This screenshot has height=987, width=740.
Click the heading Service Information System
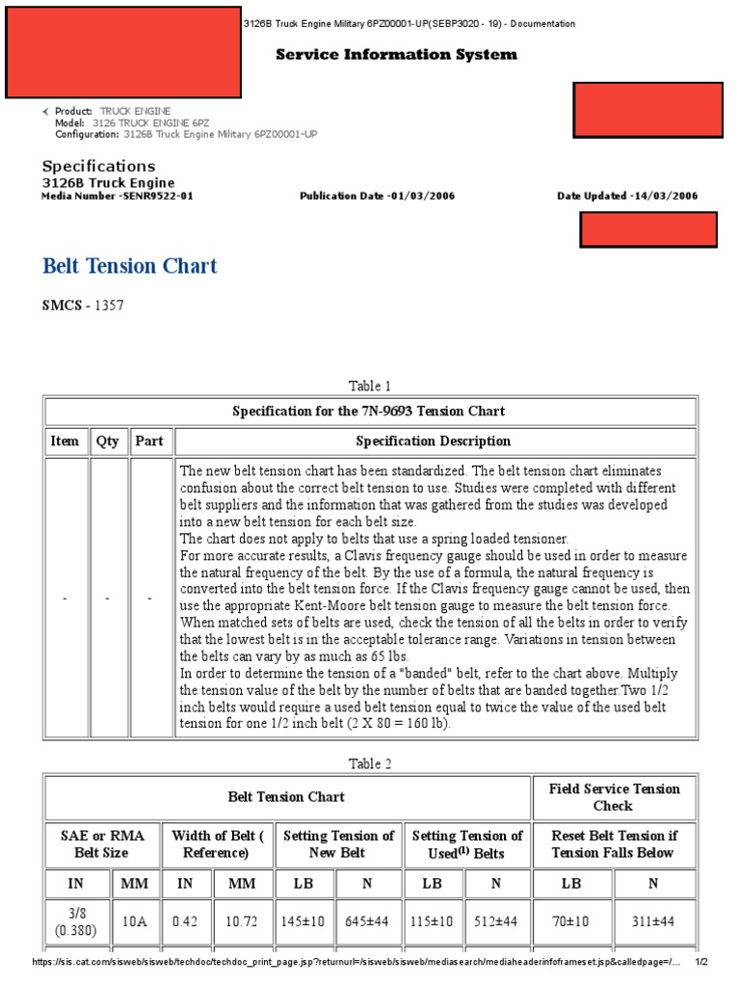pyautogui.click(x=396, y=55)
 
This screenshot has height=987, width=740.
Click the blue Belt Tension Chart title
pyautogui.click(x=130, y=266)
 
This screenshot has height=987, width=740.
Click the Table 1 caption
pyautogui.click(x=370, y=387)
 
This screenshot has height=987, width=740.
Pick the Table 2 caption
pyautogui.click(x=370, y=763)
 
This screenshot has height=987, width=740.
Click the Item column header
pyautogui.click(x=66, y=441)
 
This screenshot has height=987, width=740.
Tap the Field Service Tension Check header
pyautogui.click(x=614, y=797)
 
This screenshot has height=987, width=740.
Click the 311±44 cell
pyautogui.click(x=655, y=921)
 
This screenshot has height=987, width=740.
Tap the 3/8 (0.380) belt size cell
pyautogui.click(x=77, y=921)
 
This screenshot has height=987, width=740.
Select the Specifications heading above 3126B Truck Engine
pyautogui.click(x=98, y=167)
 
